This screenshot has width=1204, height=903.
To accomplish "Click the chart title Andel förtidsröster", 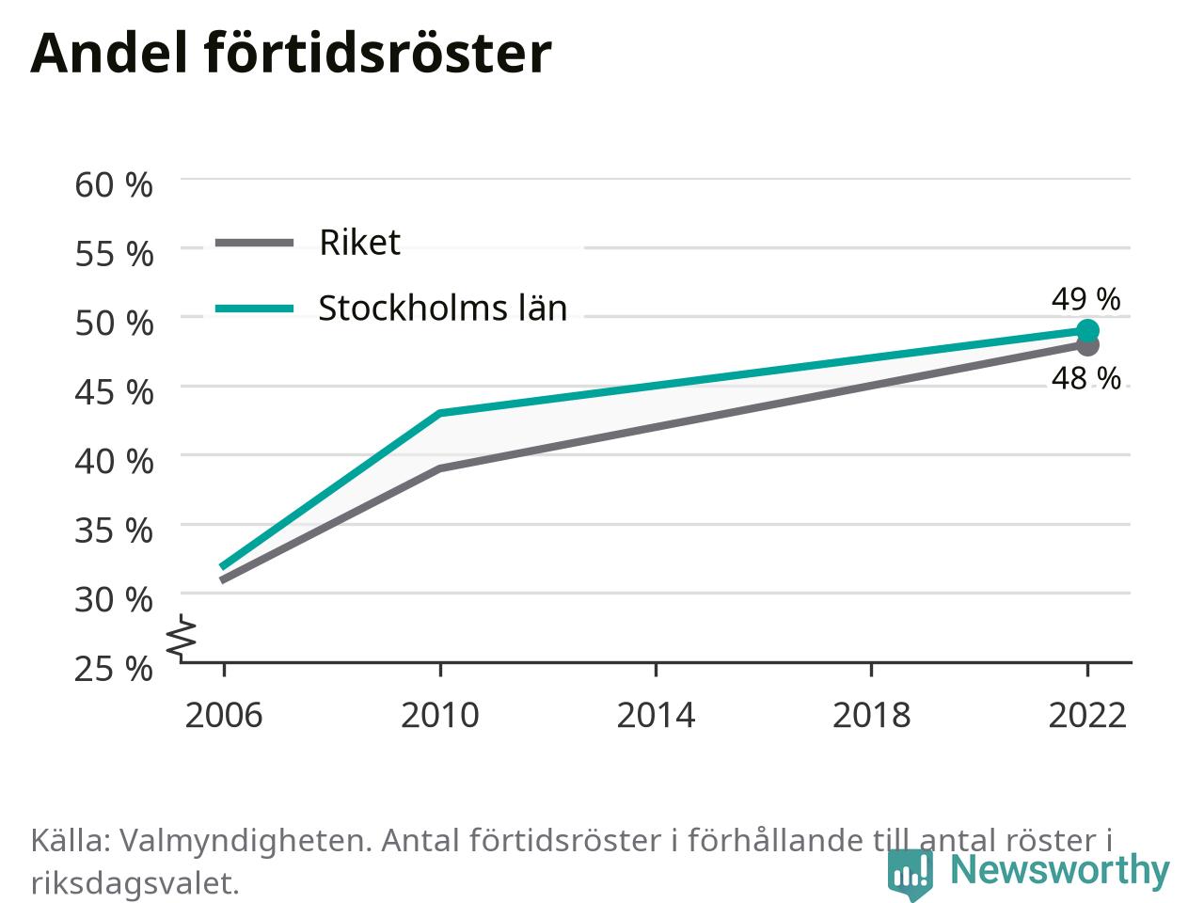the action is click(x=291, y=53).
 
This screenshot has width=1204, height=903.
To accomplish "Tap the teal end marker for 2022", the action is click(x=1087, y=330).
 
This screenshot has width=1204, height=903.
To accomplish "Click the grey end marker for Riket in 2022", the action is click(x=1087, y=346).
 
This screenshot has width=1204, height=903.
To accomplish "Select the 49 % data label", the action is click(x=1085, y=299).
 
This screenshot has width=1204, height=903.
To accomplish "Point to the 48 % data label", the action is click(x=1085, y=378).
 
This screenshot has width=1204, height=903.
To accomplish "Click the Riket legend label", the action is click(x=360, y=242).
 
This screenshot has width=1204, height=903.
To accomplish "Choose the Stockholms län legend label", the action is click(x=443, y=308).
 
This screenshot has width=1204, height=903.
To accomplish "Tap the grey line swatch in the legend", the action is click(x=255, y=243).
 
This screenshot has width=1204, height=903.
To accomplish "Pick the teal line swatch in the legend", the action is click(x=255, y=309).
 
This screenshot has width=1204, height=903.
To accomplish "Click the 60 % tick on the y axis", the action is click(x=114, y=184).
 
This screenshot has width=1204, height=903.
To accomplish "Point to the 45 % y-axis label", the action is click(x=114, y=392).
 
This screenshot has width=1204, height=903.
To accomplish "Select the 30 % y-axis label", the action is click(x=114, y=600).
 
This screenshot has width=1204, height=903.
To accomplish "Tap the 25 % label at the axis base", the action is click(x=114, y=669).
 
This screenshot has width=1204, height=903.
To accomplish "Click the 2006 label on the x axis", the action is click(x=224, y=716).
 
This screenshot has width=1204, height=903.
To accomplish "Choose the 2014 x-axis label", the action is click(x=656, y=716).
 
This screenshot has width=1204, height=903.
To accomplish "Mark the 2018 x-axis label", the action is click(x=872, y=716).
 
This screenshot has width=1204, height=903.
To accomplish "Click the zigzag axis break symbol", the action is click(x=181, y=638).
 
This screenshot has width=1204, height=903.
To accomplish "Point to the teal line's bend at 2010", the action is click(x=440, y=413).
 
